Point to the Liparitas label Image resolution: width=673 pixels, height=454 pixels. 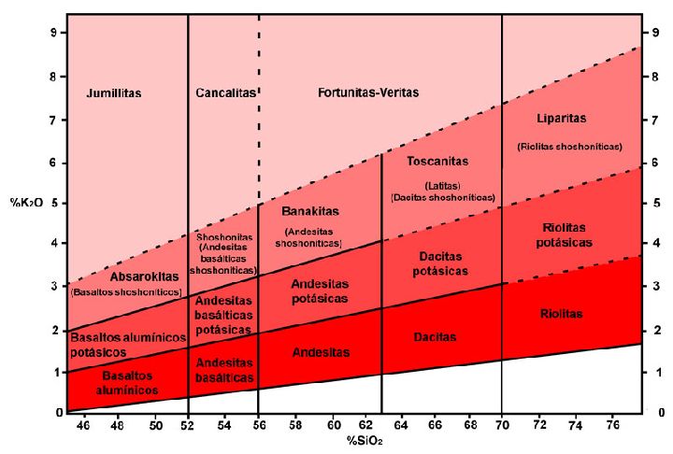562,119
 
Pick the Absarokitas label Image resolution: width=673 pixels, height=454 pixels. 124,277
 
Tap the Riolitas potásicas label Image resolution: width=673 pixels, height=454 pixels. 566,234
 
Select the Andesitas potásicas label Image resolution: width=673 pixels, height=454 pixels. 320,291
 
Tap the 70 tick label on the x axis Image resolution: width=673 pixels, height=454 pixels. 502,425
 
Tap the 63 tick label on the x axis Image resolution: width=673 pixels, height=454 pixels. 381,425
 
